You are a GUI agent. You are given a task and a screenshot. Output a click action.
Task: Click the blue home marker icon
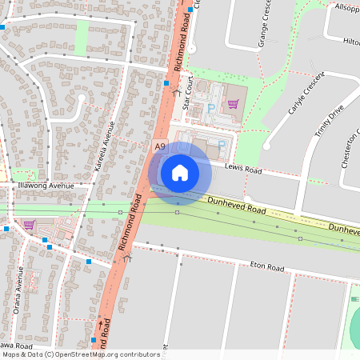(x=180, y=173)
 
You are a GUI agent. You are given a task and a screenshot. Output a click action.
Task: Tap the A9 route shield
(x=160, y=146)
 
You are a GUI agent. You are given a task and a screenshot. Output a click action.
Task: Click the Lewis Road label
(x=243, y=170)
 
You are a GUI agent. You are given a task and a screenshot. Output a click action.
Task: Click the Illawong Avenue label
(x=46, y=185)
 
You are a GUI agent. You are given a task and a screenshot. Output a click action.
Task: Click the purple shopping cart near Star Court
(x=233, y=103)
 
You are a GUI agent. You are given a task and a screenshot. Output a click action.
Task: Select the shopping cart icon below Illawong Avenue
(x=29, y=225)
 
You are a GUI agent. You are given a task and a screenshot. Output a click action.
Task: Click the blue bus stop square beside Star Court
(x=166, y=82)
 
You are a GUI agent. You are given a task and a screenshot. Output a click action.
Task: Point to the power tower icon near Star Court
(x=176, y=93)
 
